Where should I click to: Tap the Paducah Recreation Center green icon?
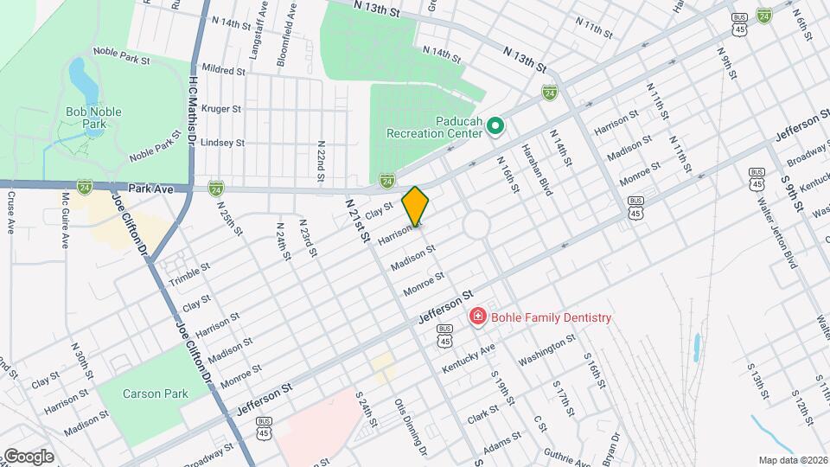click(495, 128)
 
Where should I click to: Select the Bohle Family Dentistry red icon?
click(476, 317)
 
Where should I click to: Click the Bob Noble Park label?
click(93, 118)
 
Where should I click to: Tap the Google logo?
click(28, 456)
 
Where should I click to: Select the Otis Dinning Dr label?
click(411, 426)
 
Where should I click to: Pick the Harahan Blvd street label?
click(536, 170)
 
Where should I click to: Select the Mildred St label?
click(223, 67)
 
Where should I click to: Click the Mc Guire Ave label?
click(64, 221)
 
